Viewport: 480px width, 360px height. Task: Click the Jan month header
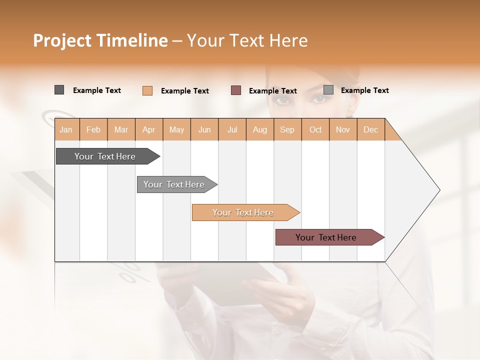point(66,129)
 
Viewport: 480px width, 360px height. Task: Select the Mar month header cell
point(121,129)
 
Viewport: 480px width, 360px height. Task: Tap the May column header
point(176,129)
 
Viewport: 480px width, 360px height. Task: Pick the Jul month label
point(232,129)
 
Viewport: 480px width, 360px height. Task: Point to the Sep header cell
point(287,129)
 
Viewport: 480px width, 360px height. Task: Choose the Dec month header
point(370,129)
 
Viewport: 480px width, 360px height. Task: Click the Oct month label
point(315,129)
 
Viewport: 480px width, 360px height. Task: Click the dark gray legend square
point(59,90)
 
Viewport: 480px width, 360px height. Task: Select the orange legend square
point(147,90)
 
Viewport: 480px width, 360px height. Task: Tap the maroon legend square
point(236,90)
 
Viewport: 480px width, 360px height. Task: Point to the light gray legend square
point(328,90)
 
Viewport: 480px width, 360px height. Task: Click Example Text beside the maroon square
point(272,90)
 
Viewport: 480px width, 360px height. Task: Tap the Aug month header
point(259,129)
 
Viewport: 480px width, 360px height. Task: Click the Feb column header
point(93,129)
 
